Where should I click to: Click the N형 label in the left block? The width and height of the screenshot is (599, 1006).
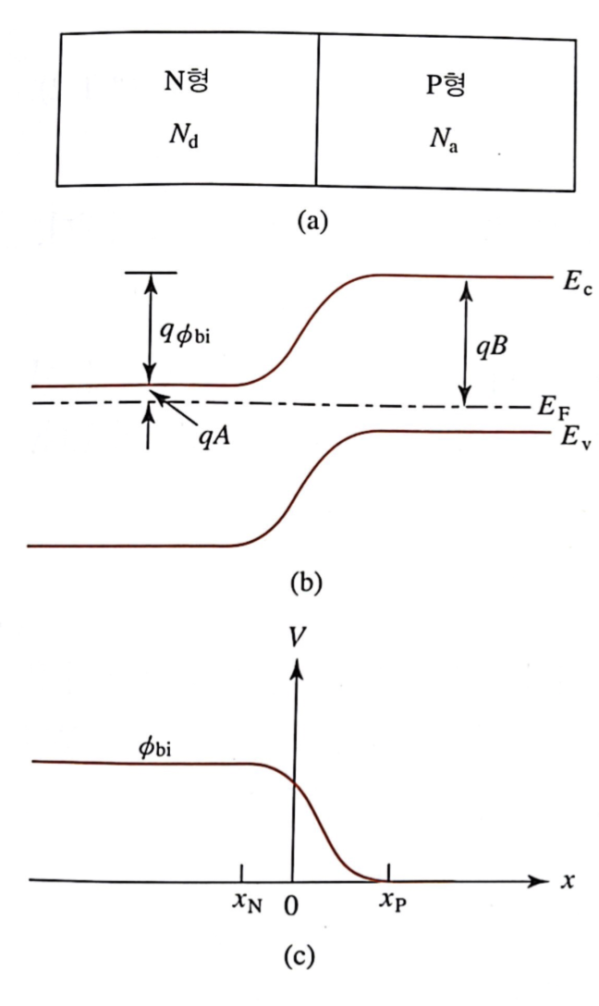tap(187, 82)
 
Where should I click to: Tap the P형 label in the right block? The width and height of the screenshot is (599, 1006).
tap(442, 89)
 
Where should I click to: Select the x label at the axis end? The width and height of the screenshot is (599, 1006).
tap(568, 881)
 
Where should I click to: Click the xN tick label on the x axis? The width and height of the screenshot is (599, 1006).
tap(247, 905)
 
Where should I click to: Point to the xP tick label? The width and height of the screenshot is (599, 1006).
tap(393, 905)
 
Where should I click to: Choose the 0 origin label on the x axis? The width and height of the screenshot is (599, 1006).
tap(292, 906)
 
